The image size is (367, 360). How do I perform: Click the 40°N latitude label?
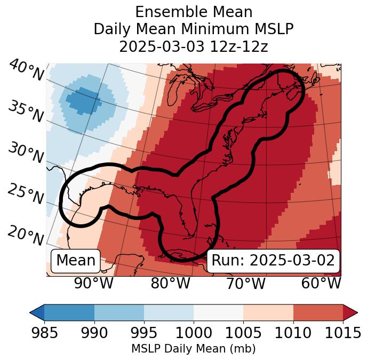(25, 71)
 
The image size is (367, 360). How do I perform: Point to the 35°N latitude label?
(25, 112)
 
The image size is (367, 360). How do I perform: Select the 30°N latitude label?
(25, 153)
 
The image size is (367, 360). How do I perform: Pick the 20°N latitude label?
(25, 234)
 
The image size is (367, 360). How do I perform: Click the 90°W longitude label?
(94, 284)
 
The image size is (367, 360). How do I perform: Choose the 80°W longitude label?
(170, 284)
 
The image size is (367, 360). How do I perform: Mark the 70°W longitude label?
(246, 284)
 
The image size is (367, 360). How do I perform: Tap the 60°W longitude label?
(321, 284)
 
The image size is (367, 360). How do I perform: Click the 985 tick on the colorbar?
(44, 333)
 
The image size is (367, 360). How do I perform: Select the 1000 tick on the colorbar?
(194, 333)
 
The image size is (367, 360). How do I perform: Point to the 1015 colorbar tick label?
(342, 333)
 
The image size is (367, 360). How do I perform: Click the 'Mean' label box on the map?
(76, 261)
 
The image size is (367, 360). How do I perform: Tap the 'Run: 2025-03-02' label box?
(273, 261)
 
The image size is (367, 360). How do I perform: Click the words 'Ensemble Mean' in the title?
(194, 12)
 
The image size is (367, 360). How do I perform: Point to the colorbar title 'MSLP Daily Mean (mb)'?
(194, 349)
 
